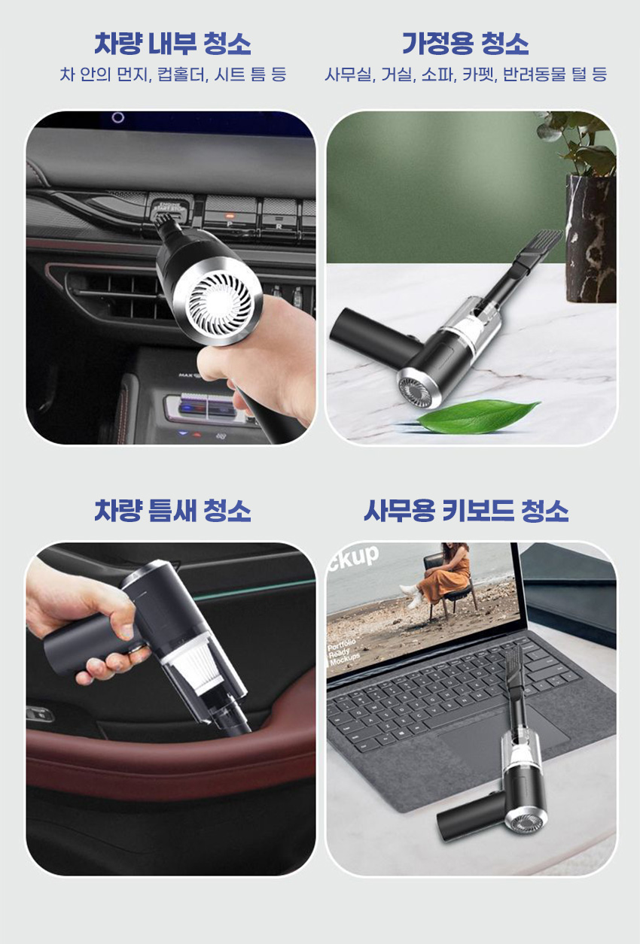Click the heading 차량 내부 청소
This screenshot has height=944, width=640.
(x=172, y=44)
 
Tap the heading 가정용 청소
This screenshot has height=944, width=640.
(x=465, y=44)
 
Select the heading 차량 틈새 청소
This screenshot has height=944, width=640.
(x=172, y=511)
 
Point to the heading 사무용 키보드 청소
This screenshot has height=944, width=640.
(x=466, y=511)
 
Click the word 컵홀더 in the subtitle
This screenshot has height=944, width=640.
(x=183, y=74)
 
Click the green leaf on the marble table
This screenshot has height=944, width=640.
(x=478, y=415)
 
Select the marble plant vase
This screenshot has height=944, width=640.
(x=590, y=239)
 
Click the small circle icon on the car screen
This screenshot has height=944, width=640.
(x=118, y=117)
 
